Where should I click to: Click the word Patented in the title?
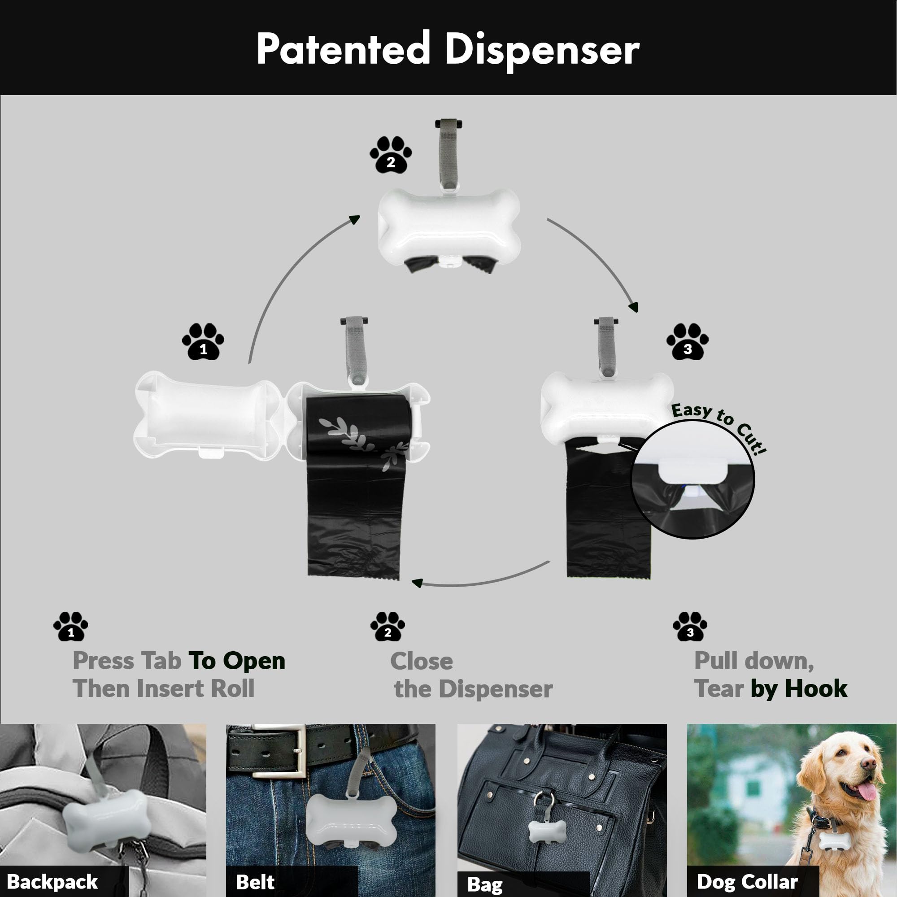tap(343, 49)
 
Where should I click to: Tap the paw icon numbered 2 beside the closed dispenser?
tap(391, 155)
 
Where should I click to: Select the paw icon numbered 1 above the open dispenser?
tap(203, 342)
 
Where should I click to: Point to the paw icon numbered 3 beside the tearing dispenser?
tap(687, 342)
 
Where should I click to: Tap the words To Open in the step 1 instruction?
tap(236, 661)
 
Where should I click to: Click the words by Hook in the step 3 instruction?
tap(799, 688)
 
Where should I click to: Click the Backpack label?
tap(52, 881)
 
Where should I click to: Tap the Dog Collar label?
tap(747, 881)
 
